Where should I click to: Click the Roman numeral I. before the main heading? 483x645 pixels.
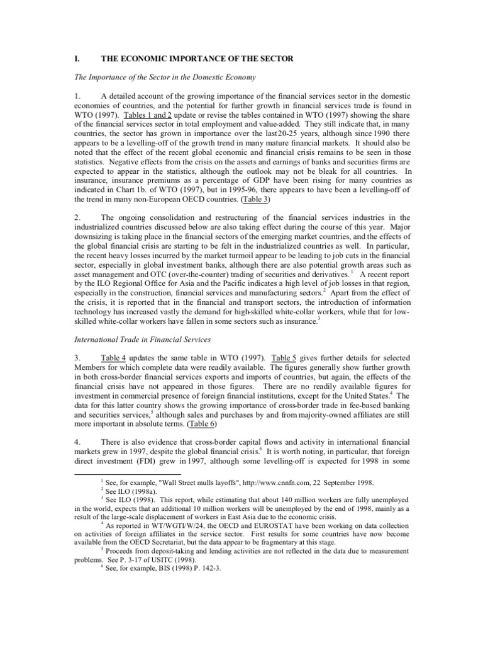pos(77,59)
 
